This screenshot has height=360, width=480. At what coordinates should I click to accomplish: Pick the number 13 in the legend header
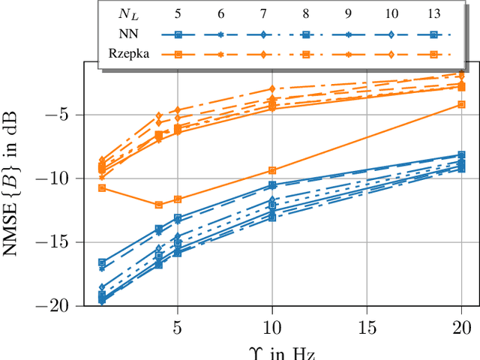click(433, 13)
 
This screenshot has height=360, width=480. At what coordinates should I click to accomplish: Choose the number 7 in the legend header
click(263, 13)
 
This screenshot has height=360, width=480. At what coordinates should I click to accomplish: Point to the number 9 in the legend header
click(348, 13)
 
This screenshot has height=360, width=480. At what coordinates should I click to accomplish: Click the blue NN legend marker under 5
click(178, 34)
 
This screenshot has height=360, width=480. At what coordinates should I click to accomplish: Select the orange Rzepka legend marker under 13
click(433, 54)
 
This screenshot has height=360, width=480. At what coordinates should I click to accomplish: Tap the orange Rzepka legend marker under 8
click(306, 54)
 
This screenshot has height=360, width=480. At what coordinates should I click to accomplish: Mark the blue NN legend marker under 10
click(391, 34)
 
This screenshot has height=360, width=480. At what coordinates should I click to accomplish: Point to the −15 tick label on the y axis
click(61, 242)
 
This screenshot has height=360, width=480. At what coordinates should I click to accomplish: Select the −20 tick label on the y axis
click(61, 306)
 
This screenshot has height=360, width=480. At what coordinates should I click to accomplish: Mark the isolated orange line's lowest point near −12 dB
click(159, 205)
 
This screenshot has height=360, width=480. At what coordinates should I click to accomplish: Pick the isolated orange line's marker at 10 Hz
click(272, 170)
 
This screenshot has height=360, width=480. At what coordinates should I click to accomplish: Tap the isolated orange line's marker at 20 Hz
click(462, 105)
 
